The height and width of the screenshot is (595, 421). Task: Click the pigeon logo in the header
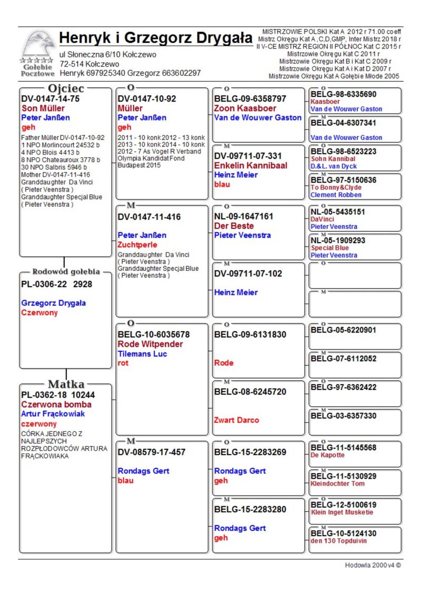point(38,47)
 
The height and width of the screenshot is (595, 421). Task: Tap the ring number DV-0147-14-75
point(50,99)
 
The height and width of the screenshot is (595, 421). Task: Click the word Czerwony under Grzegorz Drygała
point(39,312)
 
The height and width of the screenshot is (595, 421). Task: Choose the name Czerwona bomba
point(56,405)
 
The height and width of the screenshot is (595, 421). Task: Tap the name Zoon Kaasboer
point(245,108)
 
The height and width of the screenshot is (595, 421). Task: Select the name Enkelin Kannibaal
point(250,166)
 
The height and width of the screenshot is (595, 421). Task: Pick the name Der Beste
point(234,226)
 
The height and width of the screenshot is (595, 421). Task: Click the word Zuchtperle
point(137,245)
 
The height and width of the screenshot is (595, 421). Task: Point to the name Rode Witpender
point(150,344)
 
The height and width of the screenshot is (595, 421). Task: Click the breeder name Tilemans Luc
point(142,354)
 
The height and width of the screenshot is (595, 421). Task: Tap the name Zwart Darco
point(236,420)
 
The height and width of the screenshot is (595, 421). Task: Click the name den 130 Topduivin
point(339,541)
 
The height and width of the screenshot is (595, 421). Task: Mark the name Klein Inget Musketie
point(342,512)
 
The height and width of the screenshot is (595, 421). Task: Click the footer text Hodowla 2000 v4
point(373,565)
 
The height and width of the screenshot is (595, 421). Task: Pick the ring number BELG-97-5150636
point(343,180)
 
